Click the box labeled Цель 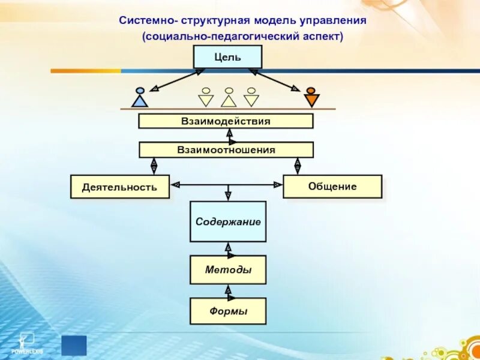coord(227,57)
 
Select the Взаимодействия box coord(226,121)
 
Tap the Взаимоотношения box coord(226,150)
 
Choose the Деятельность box coord(120,187)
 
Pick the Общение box coord(332,187)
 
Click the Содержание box coord(228,221)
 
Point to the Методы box coord(228,270)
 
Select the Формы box coord(228,311)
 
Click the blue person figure coord(140,97)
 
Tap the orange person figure coord(311,97)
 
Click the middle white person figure coord(229,97)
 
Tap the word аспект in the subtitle coord(322,37)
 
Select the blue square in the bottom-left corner coord(74,345)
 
